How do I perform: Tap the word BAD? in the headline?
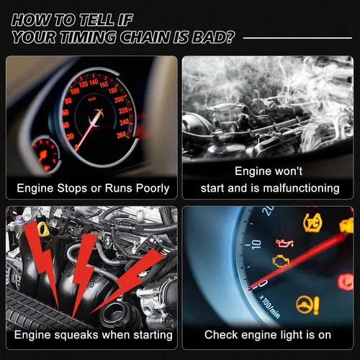(x=212, y=37)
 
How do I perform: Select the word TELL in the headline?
(x=96, y=20)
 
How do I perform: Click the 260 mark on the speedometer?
(x=122, y=135)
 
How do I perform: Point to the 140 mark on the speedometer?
(x=94, y=82)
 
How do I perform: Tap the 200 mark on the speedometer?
(x=119, y=99)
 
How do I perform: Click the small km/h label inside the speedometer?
(x=92, y=99)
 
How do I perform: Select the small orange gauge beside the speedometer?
(x=45, y=153)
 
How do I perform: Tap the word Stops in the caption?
(x=72, y=189)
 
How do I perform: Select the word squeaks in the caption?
(x=76, y=336)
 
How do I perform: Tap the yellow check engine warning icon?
(x=281, y=261)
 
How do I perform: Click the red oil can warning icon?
(x=284, y=243)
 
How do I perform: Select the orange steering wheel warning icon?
(x=307, y=305)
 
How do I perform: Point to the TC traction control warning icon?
(x=313, y=222)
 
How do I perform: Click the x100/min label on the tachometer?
(x=270, y=307)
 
